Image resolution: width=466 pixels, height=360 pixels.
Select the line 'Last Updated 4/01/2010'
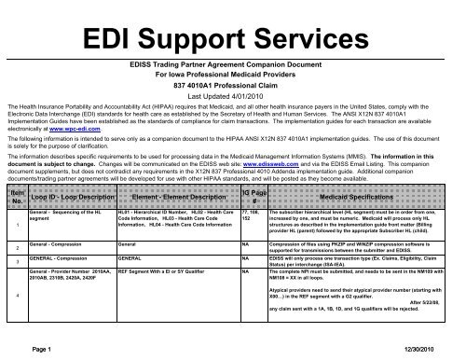(x=232, y=96)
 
